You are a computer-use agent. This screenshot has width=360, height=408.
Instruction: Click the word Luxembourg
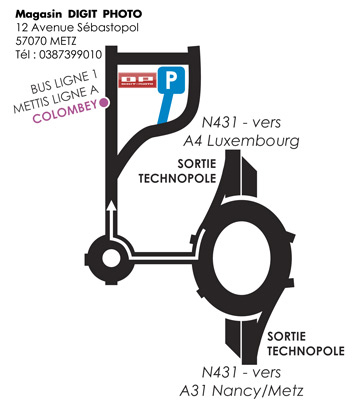tap(263, 141)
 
